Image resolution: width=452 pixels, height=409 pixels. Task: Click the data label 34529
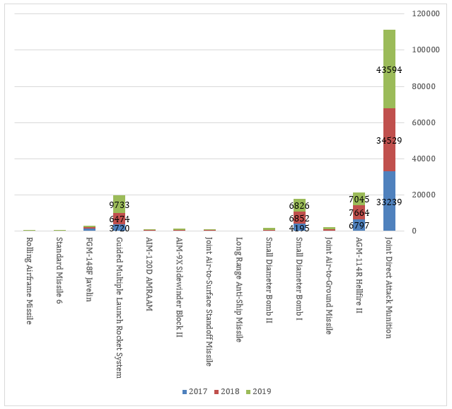pos(389,141)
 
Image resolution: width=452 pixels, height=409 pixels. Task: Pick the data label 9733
pos(120,205)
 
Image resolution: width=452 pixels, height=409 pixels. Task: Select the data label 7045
pos(359,200)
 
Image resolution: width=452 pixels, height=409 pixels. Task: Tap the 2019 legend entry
pos(260,391)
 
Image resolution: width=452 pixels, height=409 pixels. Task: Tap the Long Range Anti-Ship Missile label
pos(239,289)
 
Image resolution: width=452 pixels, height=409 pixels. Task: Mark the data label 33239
pos(389,202)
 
